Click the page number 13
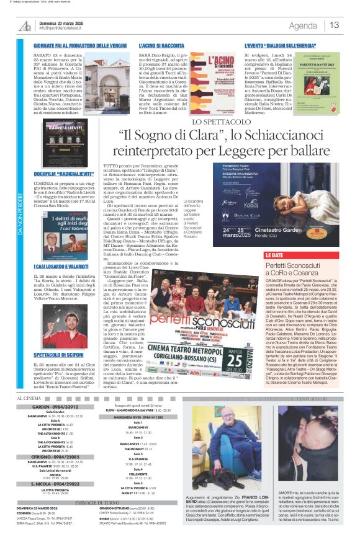point(334,25)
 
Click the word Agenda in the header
point(303,25)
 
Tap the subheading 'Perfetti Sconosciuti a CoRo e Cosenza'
point(296,269)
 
